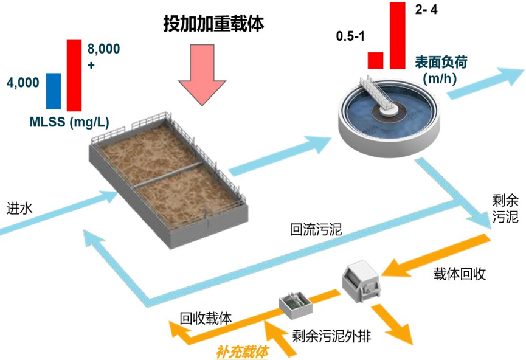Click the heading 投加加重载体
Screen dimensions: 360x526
click(x=215, y=24)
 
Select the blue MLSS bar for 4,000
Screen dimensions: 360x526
click(x=54, y=91)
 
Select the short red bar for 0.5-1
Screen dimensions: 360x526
click(x=376, y=60)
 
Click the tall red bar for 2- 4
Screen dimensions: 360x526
click(x=397, y=35)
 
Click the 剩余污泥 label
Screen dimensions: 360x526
click(x=504, y=209)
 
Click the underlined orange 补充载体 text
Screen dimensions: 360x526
click(x=243, y=351)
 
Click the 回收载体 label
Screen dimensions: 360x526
click(x=206, y=319)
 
